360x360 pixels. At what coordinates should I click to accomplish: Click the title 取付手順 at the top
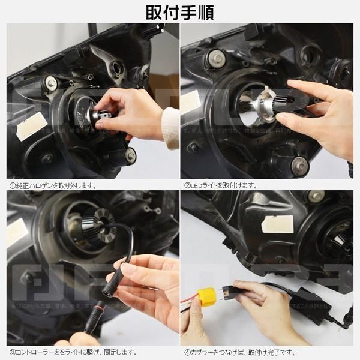pyautogui.click(x=179, y=12)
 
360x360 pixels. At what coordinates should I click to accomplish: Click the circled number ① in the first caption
pyautogui.click(x=11, y=185)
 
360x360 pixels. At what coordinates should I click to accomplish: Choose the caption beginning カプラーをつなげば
pyautogui.click(x=239, y=352)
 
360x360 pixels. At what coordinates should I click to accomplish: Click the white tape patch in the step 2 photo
pyautogui.click(x=191, y=101)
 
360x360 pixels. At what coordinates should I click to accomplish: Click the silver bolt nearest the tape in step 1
pyautogui.click(x=50, y=83)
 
